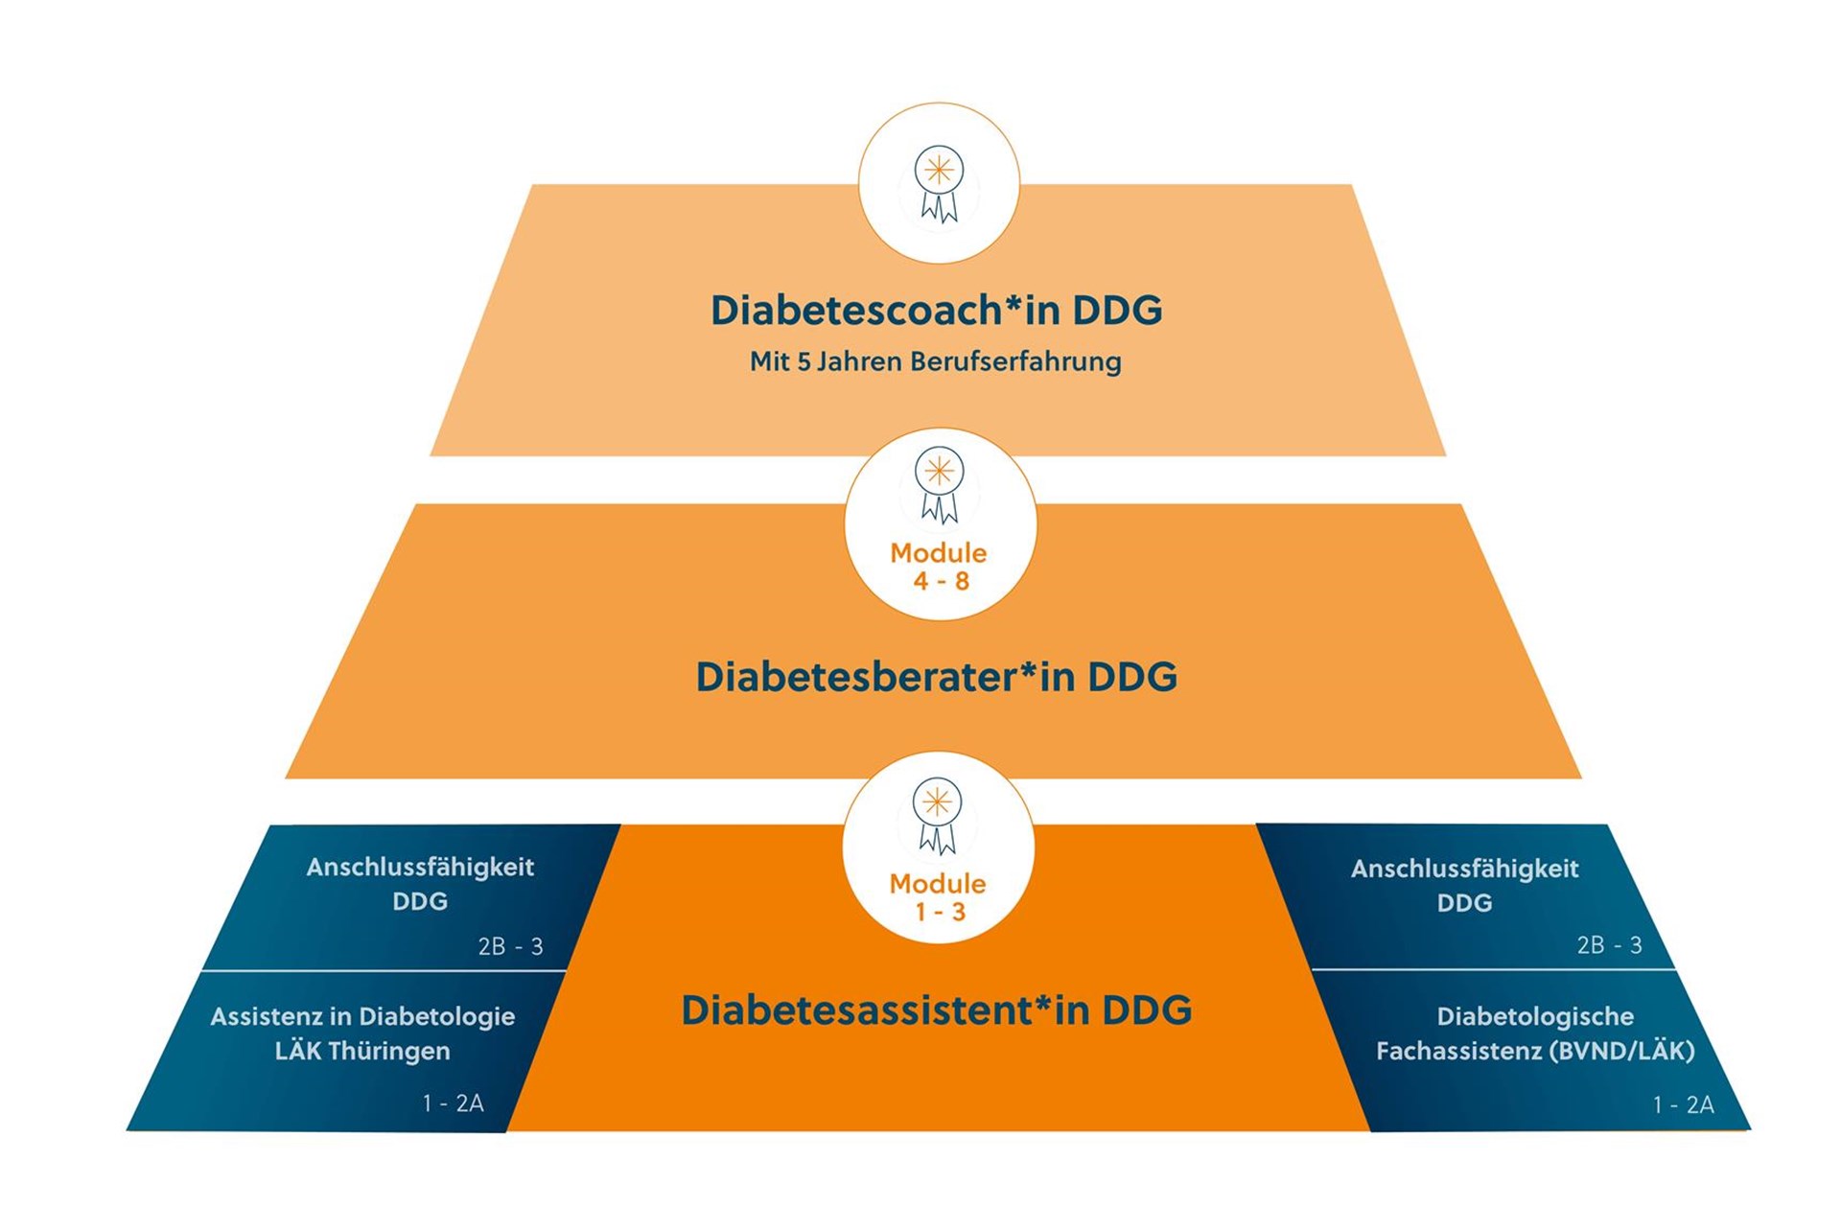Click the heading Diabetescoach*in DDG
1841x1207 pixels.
(936, 310)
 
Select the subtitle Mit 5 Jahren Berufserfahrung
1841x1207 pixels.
(935, 361)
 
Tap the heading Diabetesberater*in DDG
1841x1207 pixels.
(936, 676)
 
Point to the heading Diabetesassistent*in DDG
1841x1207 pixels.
(936, 1010)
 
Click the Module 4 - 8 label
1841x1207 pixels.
(939, 567)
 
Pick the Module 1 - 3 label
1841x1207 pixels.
(938, 897)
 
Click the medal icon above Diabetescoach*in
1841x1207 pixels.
(939, 184)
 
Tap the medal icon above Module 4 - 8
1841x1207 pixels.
(939, 485)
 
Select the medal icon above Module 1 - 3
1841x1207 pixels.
(937, 816)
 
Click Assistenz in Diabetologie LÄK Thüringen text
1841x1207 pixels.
(362, 1033)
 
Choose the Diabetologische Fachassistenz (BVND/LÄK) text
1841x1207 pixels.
(1535, 1033)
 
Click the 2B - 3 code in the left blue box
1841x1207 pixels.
(510, 946)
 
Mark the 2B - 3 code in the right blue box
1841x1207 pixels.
(1609, 945)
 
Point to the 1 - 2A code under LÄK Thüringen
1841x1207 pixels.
(453, 1103)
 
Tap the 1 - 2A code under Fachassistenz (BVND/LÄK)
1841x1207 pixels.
(1683, 1104)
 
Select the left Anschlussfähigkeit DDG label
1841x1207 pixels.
(420, 883)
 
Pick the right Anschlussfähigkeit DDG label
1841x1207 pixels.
(1464, 885)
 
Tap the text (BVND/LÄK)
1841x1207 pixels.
(1621, 1051)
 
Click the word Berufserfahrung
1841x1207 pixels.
(1015, 361)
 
